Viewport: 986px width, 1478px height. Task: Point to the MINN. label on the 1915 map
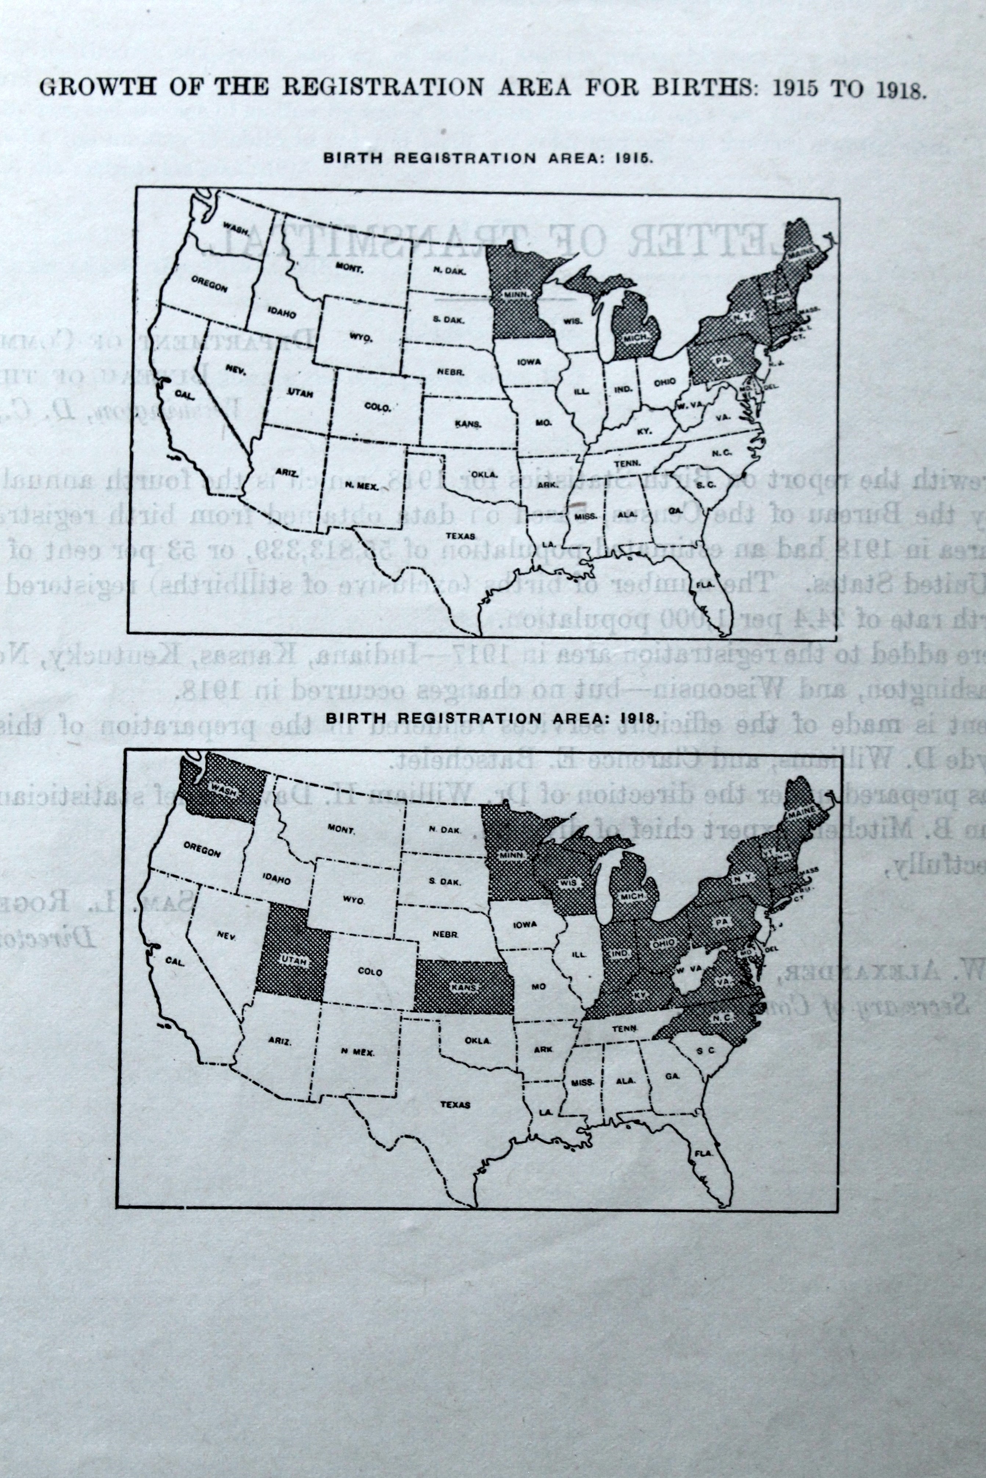click(x=518, y=294)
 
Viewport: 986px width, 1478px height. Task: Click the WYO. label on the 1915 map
click(x=361, y=337)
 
